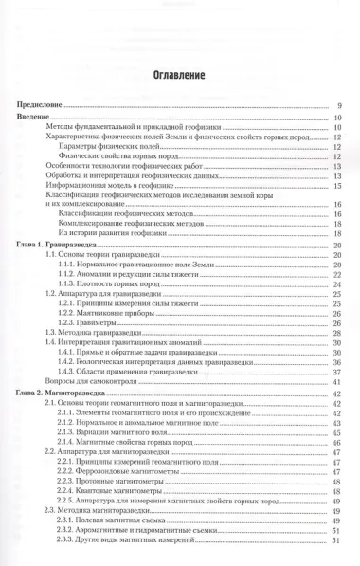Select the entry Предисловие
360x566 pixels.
click(43, 105)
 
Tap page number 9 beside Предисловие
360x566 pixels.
click(339, 105)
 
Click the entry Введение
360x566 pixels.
click(37, 117)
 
